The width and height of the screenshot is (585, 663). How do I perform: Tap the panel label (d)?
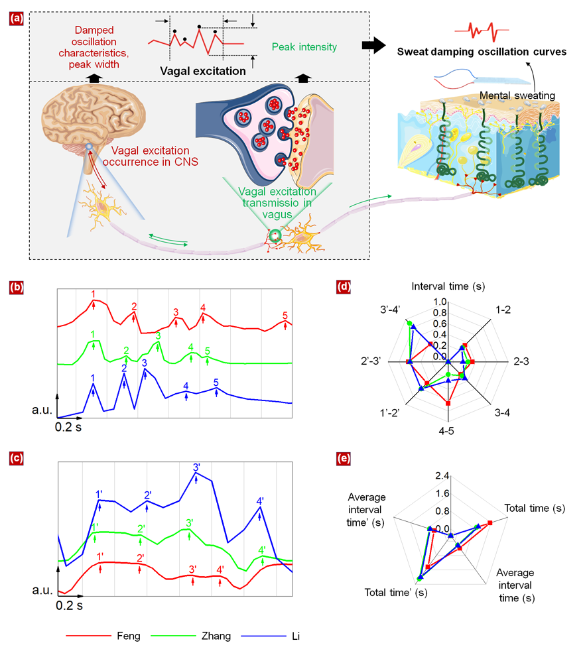click(344, 287)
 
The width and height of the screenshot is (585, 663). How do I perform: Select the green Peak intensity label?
click(304, 47)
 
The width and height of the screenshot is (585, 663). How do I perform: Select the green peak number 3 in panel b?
click(158, 336)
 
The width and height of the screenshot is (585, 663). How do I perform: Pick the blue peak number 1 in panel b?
click(93, 378)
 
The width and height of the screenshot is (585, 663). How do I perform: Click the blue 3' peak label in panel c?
click(197, 467)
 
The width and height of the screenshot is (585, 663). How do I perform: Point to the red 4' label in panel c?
click(220, 568)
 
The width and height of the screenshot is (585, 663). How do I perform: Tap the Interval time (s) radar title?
click(448, 286)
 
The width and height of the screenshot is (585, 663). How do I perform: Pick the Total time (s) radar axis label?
click(535, 509)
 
